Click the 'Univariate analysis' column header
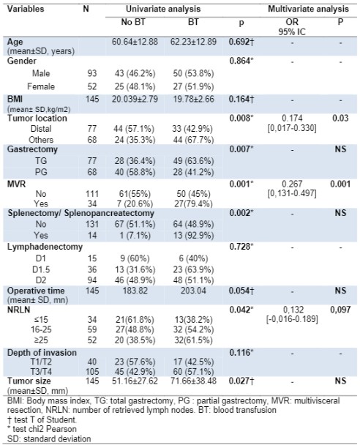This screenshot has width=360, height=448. click(163, 9)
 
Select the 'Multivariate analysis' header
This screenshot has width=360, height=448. click(308, 9)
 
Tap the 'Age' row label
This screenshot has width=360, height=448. click(15, 42)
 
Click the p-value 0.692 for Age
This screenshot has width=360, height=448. click(241, 42)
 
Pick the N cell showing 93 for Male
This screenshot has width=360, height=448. click(92, 73)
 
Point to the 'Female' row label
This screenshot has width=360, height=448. click(41, 86)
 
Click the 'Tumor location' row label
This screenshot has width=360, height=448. click(37, 118)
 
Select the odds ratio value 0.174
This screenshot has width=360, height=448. click(292, 118)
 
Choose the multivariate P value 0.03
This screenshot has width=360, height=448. click(340, 118)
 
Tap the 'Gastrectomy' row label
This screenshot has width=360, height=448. click(32, 149)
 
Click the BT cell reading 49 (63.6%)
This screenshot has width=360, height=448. click(193, 161)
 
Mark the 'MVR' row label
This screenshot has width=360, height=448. click(16, 184)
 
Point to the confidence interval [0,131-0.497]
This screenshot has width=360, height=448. click(292, 193)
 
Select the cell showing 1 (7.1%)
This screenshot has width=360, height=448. click(135, 236)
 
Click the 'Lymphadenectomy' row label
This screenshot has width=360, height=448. click(45, 247)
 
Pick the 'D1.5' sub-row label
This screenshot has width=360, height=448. click(41, 269)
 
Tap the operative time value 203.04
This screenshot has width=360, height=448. click(193, 291)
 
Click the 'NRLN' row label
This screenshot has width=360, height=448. click(18, 310)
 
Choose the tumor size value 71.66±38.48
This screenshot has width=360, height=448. click(193, 381)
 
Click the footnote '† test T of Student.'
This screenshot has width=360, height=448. click(42, 419)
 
